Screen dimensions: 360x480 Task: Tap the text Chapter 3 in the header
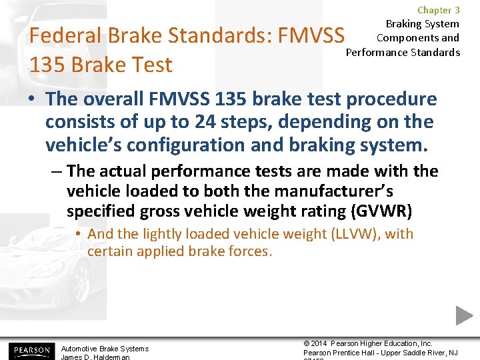coord(438,10)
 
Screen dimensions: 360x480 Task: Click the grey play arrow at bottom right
coord(464,316)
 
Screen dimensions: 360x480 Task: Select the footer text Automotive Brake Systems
coord(105,348)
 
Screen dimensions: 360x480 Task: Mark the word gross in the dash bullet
coord(199,212)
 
